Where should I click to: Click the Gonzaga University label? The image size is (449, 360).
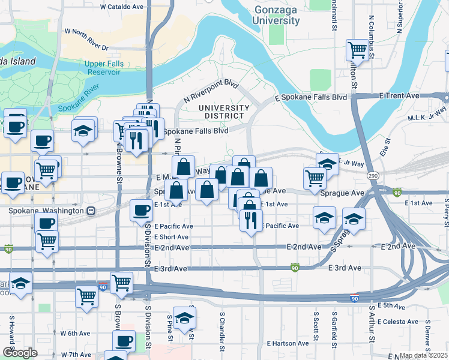[x=276, y=16]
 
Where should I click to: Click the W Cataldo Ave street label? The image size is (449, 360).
[x=122, y=7]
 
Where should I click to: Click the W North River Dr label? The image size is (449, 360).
[x=86, y=40]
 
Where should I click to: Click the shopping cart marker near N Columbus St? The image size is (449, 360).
[x=358, y=50]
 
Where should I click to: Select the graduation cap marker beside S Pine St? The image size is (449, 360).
[x=184, y=317]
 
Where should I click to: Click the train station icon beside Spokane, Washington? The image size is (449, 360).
[x=91, y=211]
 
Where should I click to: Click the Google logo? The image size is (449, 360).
[x=20, y=353]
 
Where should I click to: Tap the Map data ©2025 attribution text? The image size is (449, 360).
[x=423, y=355]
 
